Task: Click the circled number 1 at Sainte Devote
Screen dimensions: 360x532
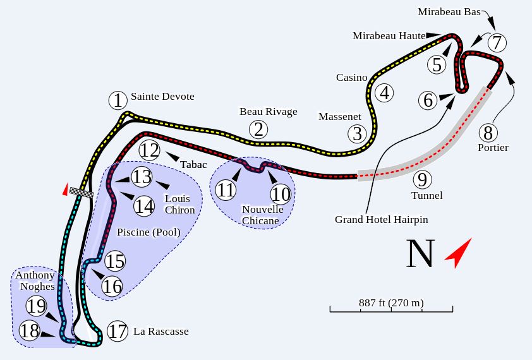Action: pos(118,100)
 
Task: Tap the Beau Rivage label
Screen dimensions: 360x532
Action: pos(268,112)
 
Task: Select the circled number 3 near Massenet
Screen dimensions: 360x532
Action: pos(358,134)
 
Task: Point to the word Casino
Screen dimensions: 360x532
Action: pos(351,78)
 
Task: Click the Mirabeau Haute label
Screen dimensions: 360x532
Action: pos(389,36)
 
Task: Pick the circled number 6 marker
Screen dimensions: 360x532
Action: pos(428,100)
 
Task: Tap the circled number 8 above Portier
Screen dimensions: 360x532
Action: pos(487,133)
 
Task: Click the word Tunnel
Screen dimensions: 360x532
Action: pos(426,196)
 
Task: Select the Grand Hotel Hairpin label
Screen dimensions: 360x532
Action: pos(382,220)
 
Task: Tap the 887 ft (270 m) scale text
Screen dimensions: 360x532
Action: pos(391,303)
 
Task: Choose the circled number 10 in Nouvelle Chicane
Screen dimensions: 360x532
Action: pos(281,193)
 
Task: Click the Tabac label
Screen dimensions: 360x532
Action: pos(193,165)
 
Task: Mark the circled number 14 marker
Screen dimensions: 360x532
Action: pos(144,206)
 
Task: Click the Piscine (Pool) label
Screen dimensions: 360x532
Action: pos(148,232)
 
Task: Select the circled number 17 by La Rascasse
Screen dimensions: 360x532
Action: pos(117,331)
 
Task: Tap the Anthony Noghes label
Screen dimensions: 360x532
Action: pos(35,280)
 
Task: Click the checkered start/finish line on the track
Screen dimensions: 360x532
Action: pos(82,191)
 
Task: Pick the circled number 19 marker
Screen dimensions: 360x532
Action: pos(36,307)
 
